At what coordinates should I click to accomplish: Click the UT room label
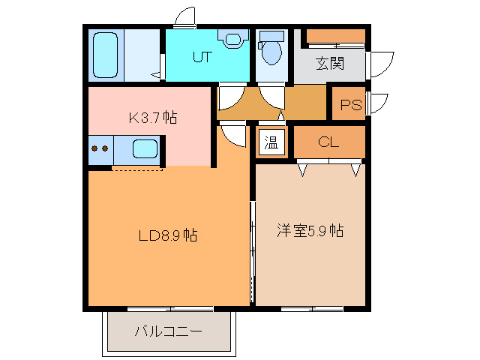coord(202,56)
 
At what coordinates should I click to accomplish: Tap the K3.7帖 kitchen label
coord(152,118)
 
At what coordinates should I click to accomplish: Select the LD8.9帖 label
coord(168,235)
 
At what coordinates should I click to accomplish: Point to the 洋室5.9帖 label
coord(310,231)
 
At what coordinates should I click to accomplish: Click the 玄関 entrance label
coord(329,64)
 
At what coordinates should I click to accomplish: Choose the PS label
coord(351,105)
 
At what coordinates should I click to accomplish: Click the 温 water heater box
coord(271,142)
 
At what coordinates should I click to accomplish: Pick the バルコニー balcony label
coord(168,331)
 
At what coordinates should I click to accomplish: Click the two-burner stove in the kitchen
coord(100,148)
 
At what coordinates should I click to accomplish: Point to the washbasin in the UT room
coord(232,39)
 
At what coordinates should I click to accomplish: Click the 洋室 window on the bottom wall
coord(312,308)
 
